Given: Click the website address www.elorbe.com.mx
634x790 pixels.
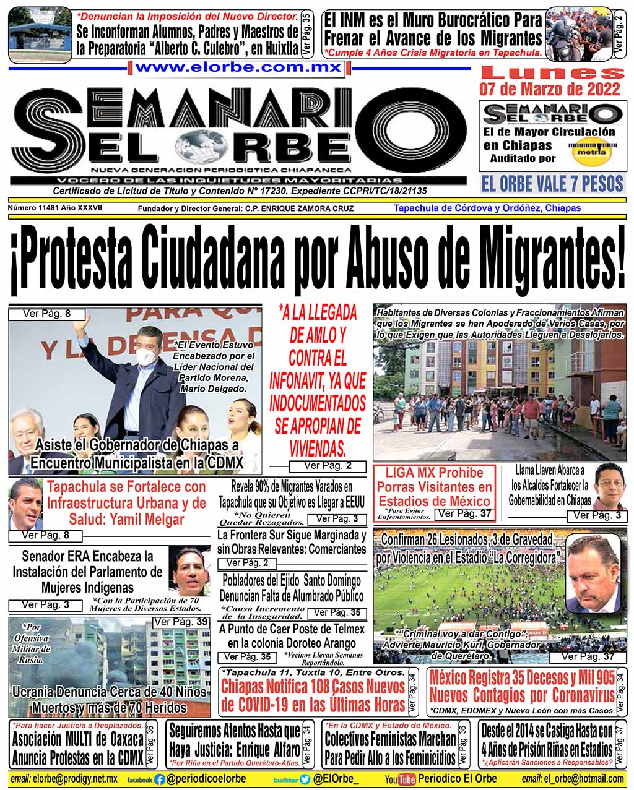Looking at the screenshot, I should [x=238, y=67].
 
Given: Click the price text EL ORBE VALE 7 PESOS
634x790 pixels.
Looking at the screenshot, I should [x=552, y=184].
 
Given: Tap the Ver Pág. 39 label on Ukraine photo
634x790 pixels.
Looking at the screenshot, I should [x=181, y=622].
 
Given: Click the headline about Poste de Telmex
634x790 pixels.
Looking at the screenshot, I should [x=292, y=636].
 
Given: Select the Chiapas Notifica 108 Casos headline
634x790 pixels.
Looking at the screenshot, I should [x=313, y=695].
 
